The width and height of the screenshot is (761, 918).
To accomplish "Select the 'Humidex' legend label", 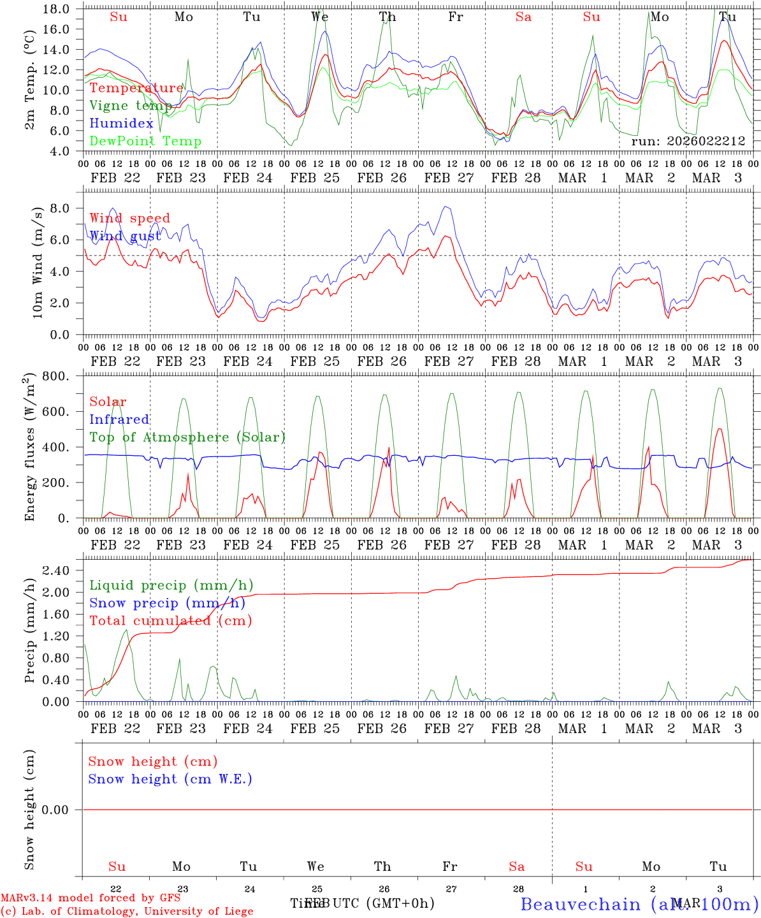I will coord(121,124).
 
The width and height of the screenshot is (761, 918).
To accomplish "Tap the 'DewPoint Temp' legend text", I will coord(145,142).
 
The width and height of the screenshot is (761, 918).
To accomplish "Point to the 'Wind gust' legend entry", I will coord(125,236).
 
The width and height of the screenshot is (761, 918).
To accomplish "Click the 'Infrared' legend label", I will coord(119,419).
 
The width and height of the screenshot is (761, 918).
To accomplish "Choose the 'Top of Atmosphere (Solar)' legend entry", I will coord(187,437).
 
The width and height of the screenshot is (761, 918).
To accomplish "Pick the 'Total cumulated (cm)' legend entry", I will coord(170,621).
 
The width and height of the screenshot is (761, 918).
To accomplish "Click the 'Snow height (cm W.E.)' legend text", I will coord(170,779).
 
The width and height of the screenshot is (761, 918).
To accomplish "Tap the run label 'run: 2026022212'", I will coord(688,142).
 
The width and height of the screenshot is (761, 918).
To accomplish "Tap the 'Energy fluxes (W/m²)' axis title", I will coord(29,448).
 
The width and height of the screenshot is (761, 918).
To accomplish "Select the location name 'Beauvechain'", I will coord(580,905).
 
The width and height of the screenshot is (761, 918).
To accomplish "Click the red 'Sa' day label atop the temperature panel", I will coord(523,17).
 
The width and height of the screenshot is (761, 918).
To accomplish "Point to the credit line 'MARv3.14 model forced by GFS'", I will coord(90,898).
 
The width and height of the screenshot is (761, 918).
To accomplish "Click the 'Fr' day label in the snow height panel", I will coord(450,866).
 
